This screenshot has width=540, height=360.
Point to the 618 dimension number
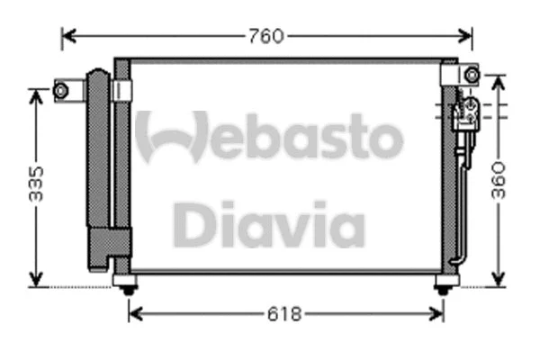286,314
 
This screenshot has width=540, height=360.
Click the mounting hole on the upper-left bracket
61,89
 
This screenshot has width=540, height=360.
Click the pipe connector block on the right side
464,112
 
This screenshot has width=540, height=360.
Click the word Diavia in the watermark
268,225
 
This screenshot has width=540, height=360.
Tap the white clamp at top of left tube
123,90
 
